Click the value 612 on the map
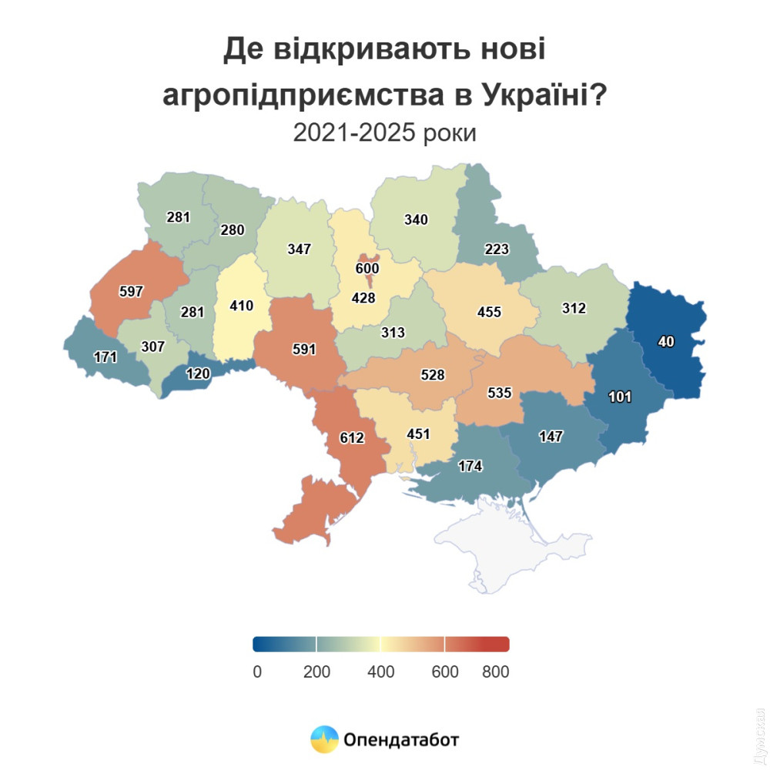click(x=352, y=438)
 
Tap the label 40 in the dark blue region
click(x=667, y=342)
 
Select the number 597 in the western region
click(x=132, y=292)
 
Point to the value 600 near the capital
click(x=367, y=268)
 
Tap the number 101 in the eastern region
click(x=620, y=397)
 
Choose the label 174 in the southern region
click(x=470, y=466)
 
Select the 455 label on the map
click(x=489, y=312)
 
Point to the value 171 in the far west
click(x=105, y=357)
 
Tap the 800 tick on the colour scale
click(x=496, y=671)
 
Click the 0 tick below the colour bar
click(x=257, y=671)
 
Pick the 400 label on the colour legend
click(x=380, y=671)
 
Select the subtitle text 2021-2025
click(x=354, y=133)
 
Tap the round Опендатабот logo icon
click(x=324, y=740)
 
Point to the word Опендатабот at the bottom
click(x=401, y=740)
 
